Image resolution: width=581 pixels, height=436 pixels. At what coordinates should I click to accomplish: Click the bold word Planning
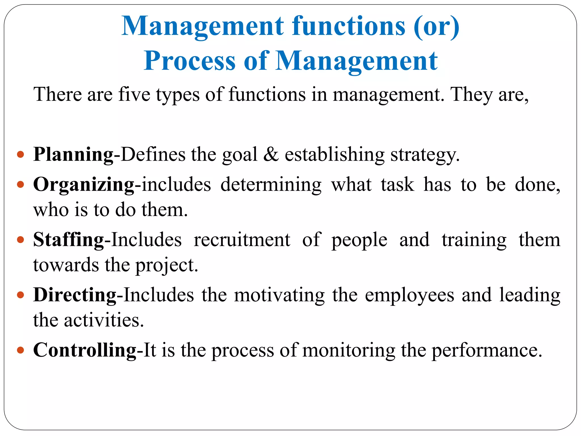click(73, 155)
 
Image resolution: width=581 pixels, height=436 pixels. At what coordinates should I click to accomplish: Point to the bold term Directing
click(75, 295)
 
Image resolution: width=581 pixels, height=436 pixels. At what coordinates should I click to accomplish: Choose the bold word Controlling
click(85, 350)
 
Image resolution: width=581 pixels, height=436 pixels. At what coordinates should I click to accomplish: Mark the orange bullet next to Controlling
click(20, 350)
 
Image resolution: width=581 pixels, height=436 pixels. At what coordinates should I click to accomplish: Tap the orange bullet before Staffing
click(20, 240)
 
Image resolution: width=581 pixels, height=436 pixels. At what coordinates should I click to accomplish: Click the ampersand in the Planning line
click(271, 155)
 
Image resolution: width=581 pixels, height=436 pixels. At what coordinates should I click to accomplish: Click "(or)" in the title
click(436, 26)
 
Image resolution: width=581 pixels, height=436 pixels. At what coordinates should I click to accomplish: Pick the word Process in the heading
click(190, 61)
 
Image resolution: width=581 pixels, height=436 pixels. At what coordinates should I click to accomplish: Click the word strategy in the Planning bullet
click(425, 155)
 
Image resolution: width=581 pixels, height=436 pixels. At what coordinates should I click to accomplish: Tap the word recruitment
click(242, 240)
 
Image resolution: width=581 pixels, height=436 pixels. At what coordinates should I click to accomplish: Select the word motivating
click(279, 295)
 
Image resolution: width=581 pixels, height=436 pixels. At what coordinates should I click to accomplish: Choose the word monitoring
click(349, 350)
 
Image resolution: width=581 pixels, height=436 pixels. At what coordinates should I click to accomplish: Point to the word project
click(166, 266)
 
